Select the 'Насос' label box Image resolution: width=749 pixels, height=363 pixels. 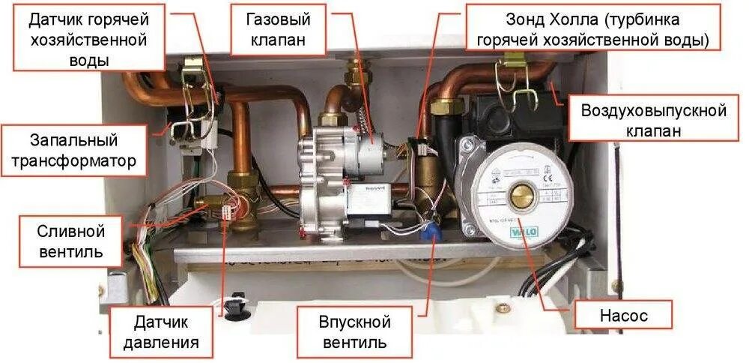623,316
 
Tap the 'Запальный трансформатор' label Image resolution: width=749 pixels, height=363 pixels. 74,150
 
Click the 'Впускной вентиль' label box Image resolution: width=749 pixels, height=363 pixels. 354,332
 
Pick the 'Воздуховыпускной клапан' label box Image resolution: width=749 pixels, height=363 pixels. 654,121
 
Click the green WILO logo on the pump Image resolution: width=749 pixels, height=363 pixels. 523,233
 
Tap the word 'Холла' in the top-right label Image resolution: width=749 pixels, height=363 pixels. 574,18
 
